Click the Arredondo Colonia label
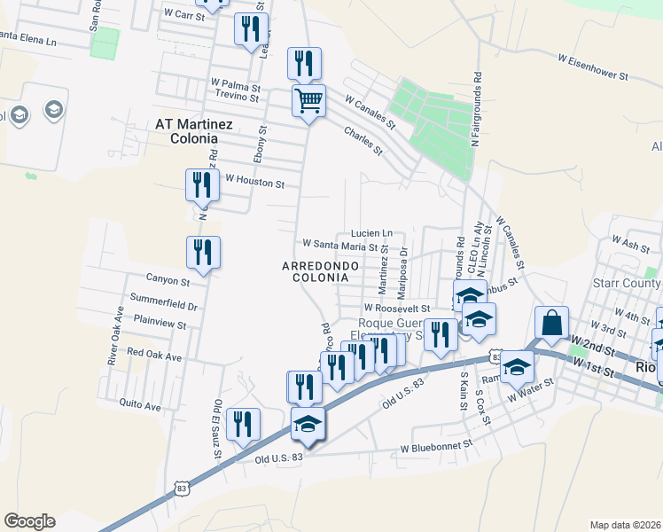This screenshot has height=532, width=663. pos(321,271)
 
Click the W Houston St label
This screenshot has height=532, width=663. pos(254,184)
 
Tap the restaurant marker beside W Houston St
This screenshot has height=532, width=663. pos(202,186)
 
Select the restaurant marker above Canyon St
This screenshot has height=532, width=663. pos(203,253)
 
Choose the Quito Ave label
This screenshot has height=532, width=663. pos(140,405)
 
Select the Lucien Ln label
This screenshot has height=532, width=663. pos(370,231)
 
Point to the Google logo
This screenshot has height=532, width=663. pos(29,521)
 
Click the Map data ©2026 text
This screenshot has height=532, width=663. pos(626,525)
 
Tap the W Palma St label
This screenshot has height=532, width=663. pos(235,88)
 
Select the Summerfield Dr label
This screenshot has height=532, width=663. pos(163,301)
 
